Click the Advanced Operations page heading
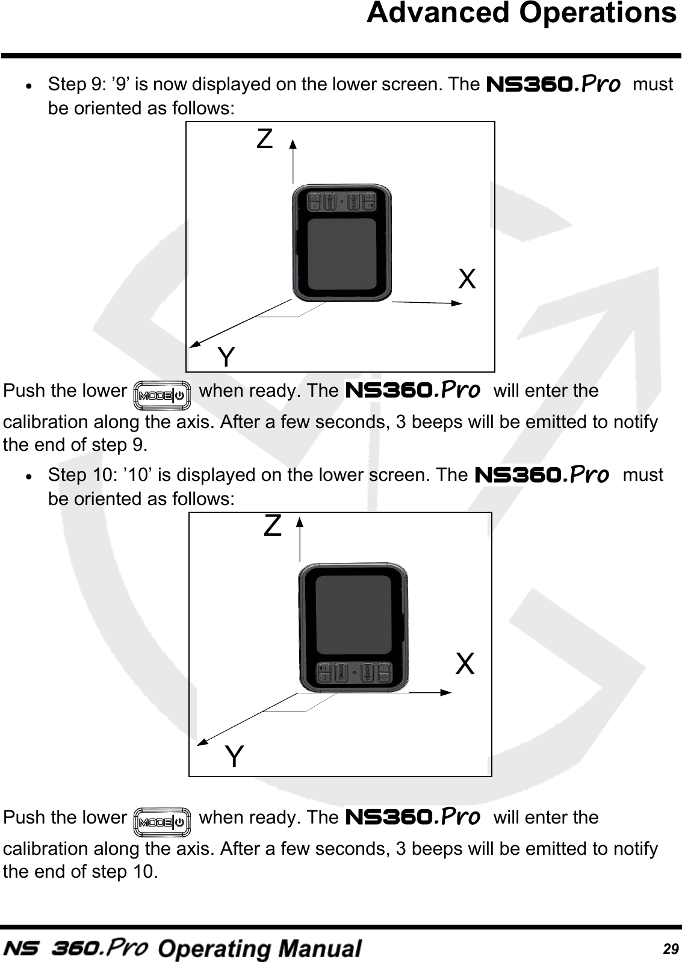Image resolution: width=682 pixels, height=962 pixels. tap(521, 13)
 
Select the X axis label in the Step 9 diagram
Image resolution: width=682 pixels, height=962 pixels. tap(467, 279)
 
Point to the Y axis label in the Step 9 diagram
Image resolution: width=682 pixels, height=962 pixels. tap(226, 358)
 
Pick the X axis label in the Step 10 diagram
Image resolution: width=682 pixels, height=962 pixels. tap(465, 665)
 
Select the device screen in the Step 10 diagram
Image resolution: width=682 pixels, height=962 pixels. tap(354, 615)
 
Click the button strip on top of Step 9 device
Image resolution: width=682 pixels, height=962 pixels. tap(341, 200)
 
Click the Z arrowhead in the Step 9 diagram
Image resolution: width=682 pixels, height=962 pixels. tap(293, 143)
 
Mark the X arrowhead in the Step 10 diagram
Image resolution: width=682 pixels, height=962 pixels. tap(446, 692)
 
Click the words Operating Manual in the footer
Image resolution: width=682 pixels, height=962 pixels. tap(259, 948)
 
